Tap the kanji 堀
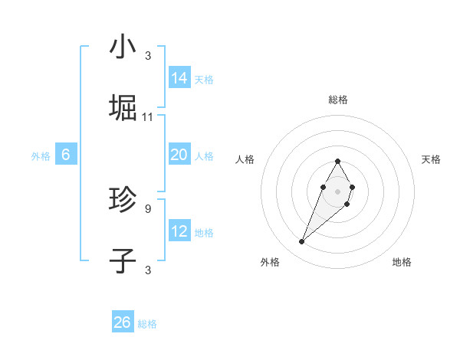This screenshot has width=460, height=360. point(123,108)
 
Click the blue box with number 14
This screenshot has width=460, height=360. point(179,78)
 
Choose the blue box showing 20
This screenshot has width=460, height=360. point(179,155)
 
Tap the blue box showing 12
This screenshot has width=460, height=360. point(179,231)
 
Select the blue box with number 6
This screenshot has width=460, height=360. point(66,155)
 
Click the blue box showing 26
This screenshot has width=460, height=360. point(123,322)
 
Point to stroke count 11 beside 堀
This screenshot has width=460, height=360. point(148,117)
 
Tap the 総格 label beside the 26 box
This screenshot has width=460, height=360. point(147,324)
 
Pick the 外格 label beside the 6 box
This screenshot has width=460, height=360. point(41,156)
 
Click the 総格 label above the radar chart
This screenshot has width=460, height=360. point(337,100)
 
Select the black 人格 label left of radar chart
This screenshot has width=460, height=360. point(245,159)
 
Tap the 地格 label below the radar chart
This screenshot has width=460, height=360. point(402,262)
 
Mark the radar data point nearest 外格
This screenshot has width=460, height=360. point(302,242)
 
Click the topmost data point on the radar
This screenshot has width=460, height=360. point(337,161)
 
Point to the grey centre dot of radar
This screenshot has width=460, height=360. point(337,190)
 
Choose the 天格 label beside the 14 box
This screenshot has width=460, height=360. point(204,80)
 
